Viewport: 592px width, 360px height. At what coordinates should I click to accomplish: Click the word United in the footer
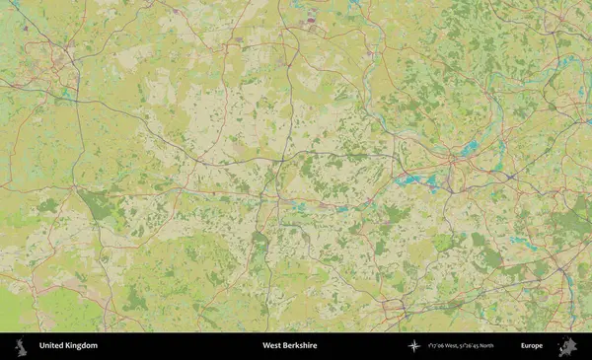50,346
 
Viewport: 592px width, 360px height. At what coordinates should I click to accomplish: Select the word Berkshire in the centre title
303,346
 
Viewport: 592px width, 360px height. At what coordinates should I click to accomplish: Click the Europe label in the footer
532,346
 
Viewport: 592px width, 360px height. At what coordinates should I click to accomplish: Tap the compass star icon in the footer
414,346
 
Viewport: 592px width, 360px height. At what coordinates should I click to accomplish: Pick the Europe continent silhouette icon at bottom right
566,346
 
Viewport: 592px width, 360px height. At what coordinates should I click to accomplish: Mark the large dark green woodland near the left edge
97,205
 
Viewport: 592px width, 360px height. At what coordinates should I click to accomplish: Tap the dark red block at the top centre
313,19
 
